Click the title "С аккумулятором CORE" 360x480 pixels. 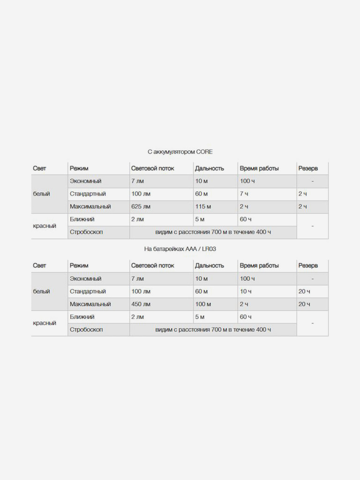point(180,152)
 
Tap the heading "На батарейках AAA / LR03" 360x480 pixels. point(180,249)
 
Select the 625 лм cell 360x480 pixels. point(141,207)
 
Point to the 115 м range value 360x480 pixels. point(203,207)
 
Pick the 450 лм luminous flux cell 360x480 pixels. point(141,304)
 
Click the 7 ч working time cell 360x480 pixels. point(244,194)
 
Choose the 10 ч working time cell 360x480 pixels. point(246,292)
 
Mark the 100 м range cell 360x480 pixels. point(203,304)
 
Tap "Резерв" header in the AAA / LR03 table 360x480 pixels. point(308,266)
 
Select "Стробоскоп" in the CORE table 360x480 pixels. point(86,232)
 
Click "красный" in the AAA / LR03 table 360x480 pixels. point(45,323)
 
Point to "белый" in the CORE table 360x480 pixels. point(41,194)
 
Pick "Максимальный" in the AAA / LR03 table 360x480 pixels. point(90,304)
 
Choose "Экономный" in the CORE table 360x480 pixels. point(86,181)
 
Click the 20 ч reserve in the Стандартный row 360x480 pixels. point(304,292)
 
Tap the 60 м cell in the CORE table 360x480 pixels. point(202,194)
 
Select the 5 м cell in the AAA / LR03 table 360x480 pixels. point(200,317)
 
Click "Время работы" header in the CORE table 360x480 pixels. point(259,168)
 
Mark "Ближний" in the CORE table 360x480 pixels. point(82,219)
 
